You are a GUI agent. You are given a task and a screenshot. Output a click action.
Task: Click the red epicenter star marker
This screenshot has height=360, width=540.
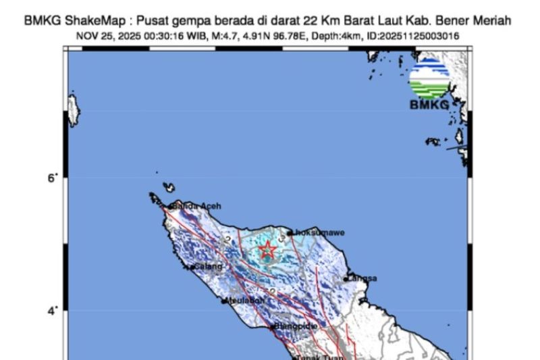tap(268, 250)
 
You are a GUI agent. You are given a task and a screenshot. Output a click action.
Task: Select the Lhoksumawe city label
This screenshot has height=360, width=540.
tap(319, 232)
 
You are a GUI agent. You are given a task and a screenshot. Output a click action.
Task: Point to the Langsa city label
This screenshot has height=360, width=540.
tap(362, 278)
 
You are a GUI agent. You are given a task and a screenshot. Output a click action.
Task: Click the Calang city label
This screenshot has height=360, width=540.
tap(205, 267)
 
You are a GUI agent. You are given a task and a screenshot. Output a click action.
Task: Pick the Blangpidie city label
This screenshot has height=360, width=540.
tap(296, 327)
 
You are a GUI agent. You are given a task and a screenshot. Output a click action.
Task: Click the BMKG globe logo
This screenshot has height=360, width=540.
tap(429, 78)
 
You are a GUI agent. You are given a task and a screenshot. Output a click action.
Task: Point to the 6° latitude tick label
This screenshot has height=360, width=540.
tap(52, 178)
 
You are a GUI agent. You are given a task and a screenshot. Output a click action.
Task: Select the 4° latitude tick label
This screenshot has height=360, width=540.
tap(52, 311)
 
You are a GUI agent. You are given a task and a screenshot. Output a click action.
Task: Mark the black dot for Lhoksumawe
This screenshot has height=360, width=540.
tap(290, 233)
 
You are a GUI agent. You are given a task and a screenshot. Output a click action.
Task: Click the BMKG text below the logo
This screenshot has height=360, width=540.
tap(429, 105)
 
